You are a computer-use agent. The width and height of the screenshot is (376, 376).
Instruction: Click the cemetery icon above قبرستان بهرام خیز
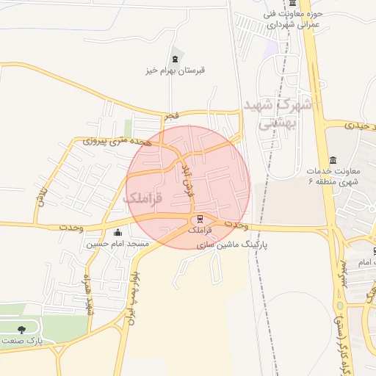pyautogui.click(x=175, y=59)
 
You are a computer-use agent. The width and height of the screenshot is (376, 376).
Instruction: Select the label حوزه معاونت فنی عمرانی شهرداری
pyautogui.click(x=284, y=19)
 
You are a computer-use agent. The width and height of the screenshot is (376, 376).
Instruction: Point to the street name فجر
pyautogui.click(x=170, y=115)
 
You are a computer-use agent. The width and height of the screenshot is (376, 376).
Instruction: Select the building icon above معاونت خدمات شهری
pyautogui.click(x=333, y=161)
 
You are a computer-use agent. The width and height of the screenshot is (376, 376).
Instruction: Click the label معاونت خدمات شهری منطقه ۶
pyautogui.click(x=333, y=176)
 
